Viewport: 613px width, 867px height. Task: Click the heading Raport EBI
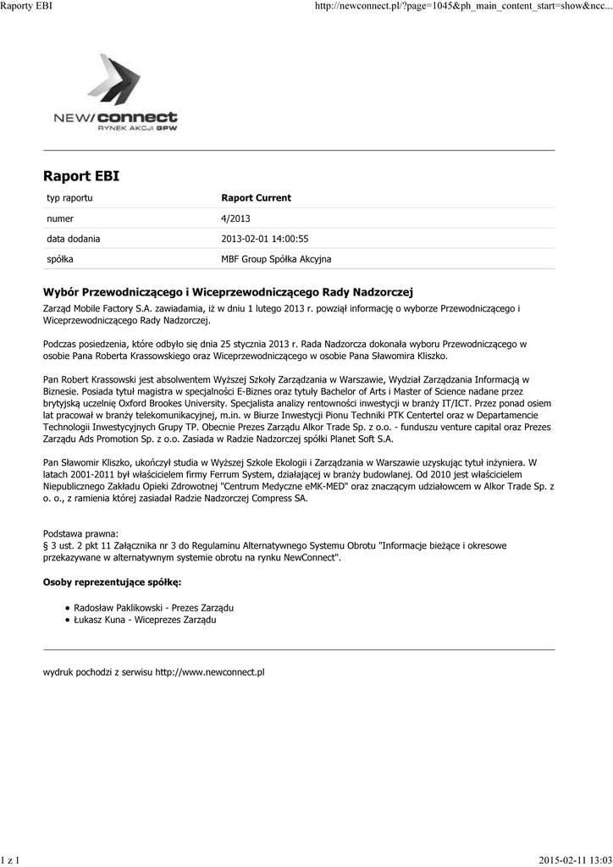pyautogui.click(x=81, y=176)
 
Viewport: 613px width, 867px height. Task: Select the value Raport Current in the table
pyautogui.click(x=256, y=198)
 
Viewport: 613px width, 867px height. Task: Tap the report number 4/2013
pyautogui.click(x=235, y=218)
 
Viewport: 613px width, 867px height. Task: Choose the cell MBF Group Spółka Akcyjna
pyautogui.click(x=276, y=259)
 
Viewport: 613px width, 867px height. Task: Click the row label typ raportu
pyautogui.click(x=69, y=198)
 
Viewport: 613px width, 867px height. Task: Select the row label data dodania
pyautogui.click(x=73, y=239)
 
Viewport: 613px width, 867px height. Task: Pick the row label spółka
pyautogui.click(x=59, y=259)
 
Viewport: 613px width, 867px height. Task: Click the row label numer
pyautogui.click(x=60, y=218)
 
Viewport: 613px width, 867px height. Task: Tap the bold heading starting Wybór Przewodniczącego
pyautogui.click(x=227, y=292)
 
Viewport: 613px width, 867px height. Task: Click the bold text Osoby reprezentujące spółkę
pyautogui.click(x=112, y=583)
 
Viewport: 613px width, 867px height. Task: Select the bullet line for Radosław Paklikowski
pyautogui.click(x=153, y=608)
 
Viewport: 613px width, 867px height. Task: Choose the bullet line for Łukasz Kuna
pyautogui.click(x=145, y=621)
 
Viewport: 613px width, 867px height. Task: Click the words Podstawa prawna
pyautogui.click(x=81, y=533)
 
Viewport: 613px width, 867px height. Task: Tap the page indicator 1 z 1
pyautogui.click(x=11, y=860)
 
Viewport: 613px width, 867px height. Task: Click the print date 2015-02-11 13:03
pyautogui.click(x=575, y=860)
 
